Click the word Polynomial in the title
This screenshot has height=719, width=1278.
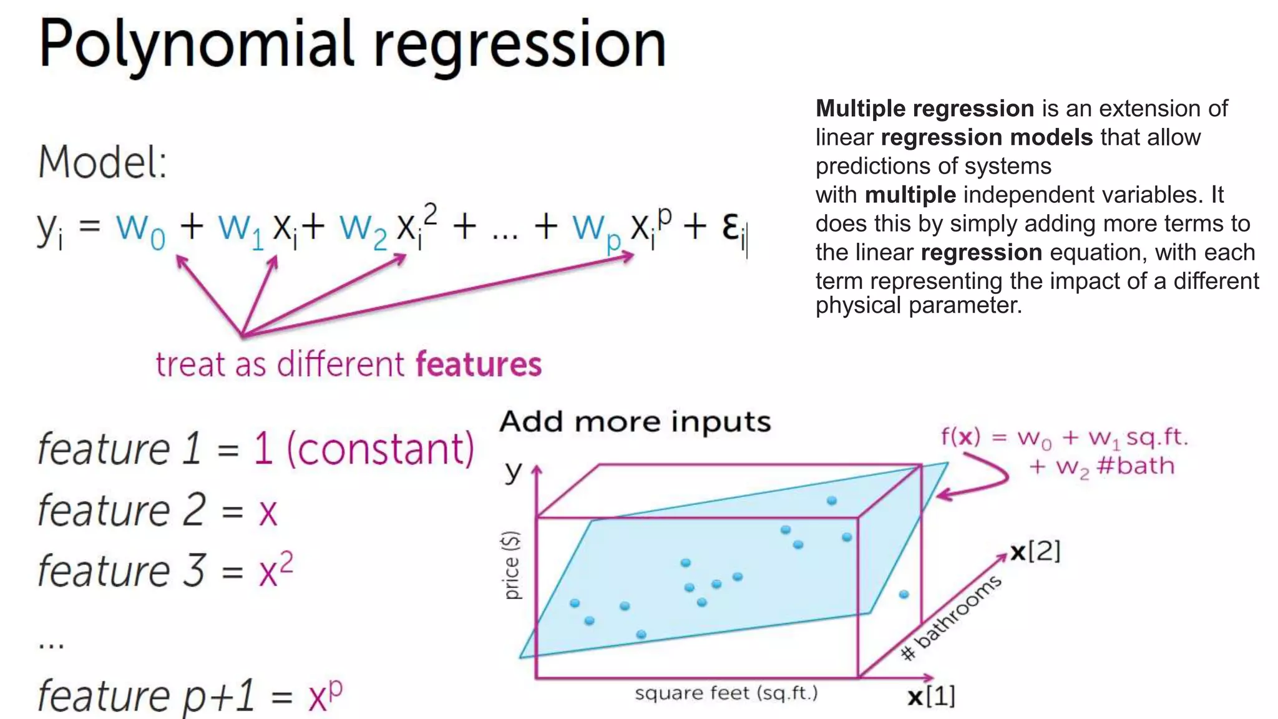197,45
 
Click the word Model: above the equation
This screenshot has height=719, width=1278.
102,162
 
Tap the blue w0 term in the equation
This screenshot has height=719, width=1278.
140,228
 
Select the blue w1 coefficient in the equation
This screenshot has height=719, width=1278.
241,228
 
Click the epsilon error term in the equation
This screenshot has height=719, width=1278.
734,228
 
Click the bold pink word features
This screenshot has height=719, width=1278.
479,364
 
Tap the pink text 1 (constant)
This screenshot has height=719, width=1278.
364,449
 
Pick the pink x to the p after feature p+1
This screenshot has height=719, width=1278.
325,695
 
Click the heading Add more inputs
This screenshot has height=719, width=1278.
635,422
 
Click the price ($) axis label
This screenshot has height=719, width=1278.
512,565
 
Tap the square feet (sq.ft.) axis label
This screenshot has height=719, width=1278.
726,693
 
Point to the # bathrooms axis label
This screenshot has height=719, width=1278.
952,617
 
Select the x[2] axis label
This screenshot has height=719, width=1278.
1035,552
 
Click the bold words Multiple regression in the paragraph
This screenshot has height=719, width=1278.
925,109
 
